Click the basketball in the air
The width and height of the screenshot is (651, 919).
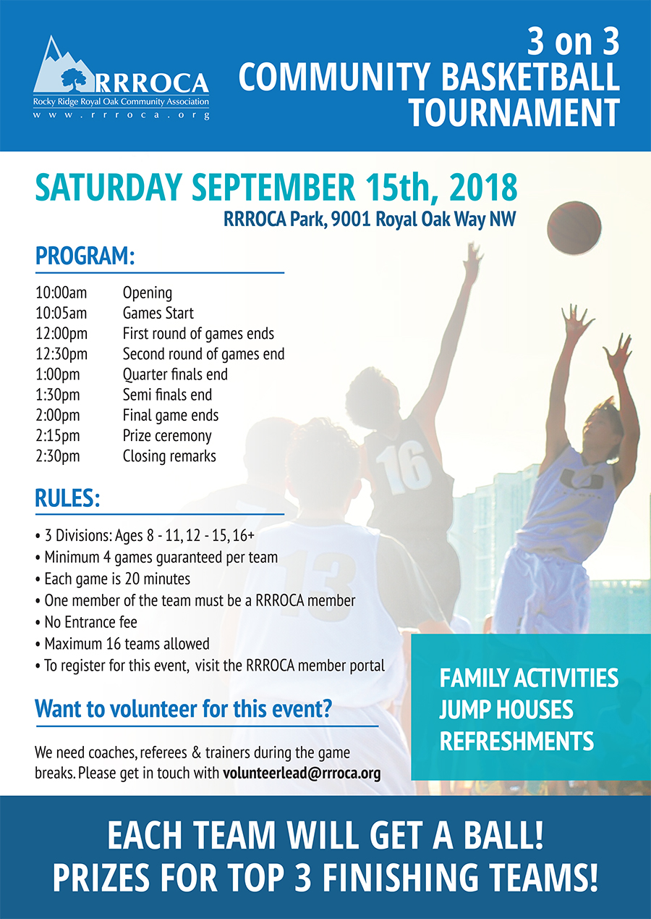pos(574,228)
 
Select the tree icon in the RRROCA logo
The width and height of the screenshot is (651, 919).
pos(74,79)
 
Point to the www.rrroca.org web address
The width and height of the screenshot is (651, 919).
pos(122,115)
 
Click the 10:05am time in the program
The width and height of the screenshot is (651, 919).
pos(61,314)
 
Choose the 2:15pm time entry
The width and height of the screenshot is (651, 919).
pos(58,436)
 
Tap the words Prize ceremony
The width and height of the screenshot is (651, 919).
pos(167,436)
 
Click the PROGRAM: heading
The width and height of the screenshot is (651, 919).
pos(85,256)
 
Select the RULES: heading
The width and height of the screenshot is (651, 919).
pos(67,498)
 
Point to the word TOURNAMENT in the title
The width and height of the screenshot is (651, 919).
pos(514,112)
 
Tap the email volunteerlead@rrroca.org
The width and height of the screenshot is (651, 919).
pos(302,773)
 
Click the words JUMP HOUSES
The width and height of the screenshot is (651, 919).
pos(506,710)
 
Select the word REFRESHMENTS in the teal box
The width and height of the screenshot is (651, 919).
pos(516,741)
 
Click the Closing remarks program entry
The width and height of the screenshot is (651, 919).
pos(169,456)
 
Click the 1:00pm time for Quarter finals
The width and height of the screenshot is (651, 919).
pos(58,374)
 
